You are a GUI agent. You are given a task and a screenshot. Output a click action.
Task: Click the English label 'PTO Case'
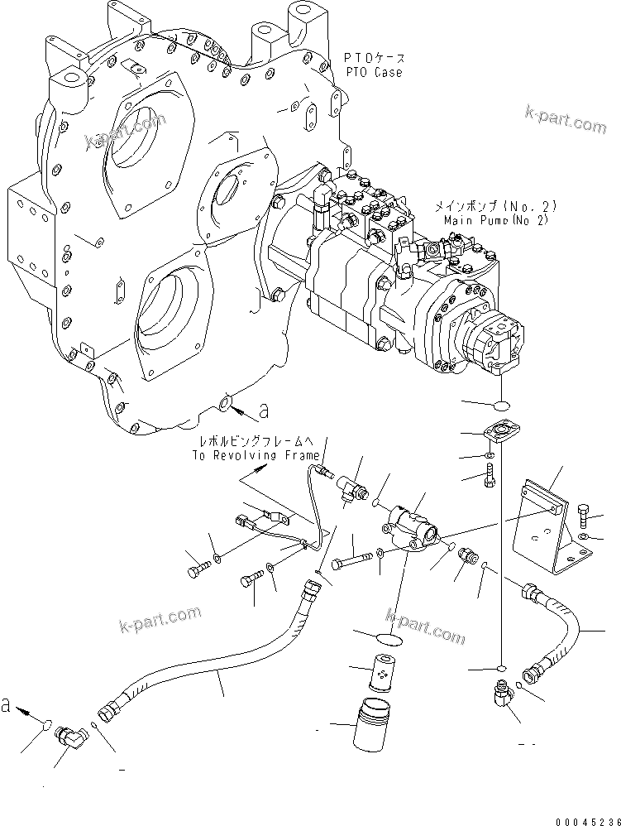(373, 72)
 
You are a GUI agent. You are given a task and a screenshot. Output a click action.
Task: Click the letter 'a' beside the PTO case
(264, 409)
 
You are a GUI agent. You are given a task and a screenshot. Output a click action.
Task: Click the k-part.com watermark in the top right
(565, 120)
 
